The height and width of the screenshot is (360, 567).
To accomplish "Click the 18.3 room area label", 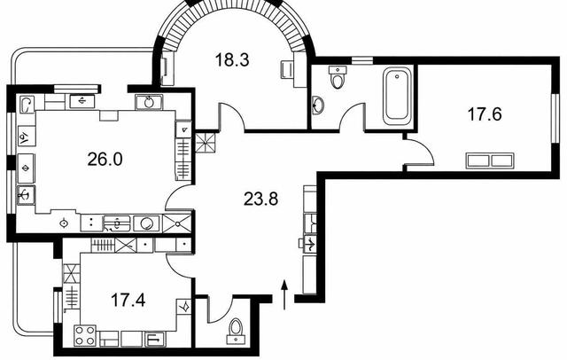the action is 232,59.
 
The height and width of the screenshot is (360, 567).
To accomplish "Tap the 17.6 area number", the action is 485,114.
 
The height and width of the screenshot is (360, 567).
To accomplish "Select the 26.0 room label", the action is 105,159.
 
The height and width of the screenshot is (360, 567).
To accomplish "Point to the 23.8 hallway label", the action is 260,199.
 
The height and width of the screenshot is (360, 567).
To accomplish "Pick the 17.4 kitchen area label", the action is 128,300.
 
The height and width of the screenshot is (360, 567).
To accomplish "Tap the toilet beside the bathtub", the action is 338,77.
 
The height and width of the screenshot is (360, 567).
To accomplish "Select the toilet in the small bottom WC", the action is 236,331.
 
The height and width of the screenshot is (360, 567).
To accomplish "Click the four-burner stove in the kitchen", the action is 85,335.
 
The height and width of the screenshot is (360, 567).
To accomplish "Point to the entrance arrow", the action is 284,294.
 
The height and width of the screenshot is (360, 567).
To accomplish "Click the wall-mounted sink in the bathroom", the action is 318,106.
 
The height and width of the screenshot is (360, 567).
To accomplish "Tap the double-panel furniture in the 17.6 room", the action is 490,160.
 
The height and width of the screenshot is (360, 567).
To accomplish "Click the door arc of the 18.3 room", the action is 236,111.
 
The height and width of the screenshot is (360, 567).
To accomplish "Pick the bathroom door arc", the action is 348,110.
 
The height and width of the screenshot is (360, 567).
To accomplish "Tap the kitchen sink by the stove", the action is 155,340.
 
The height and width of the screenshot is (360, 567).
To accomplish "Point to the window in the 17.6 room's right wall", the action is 555,118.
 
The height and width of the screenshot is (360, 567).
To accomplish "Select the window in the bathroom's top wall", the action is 362,61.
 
